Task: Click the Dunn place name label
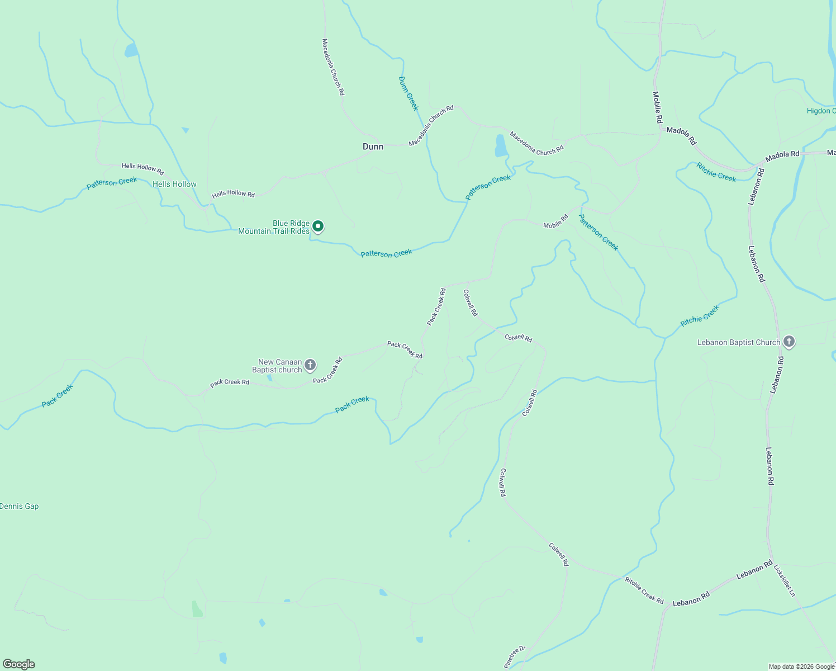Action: pyautogui.click(x=373, y=147)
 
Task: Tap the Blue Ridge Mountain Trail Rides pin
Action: pyautogui.click(x=317, y=226)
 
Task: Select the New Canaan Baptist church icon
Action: pyautogui.click(x=310, y=365)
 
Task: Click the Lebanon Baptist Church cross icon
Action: pyautogui.click(x=788, y=341)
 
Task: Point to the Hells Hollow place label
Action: pyautogui.click(x=174, y=184)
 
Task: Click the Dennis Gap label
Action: pyautogui.click(x=20, y=506)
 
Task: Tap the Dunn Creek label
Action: pyautogui.click(x=408, y=93)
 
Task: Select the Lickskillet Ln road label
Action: pyautogui.click(x=784, y=580)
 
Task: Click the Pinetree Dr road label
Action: pyautogui.click(x=515, y=657)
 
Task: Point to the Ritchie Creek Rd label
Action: pyautogui.click(x=644, y=590)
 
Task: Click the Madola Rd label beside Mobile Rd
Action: pyautogui.click(x=681, y=136)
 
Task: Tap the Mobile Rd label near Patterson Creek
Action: pyautogui.click(x=555, y=221)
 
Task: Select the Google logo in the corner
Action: pyautogui.click(x=19, y=664)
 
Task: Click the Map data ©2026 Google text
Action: pyautogui.click(x=801, y=667)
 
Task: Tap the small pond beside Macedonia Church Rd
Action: pyautogui.click(x=501, y=146)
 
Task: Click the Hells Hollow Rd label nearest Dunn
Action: pyautogui.click(x=233, y=194)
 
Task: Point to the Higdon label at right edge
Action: pyautogui.click(x=820, y=111)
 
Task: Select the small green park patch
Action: pyautogui.click(x=197, y=609)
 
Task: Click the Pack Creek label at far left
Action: pyautogui.click(x=57, y=395)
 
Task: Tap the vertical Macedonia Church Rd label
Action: pyautogui.click(x=333, y=67)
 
